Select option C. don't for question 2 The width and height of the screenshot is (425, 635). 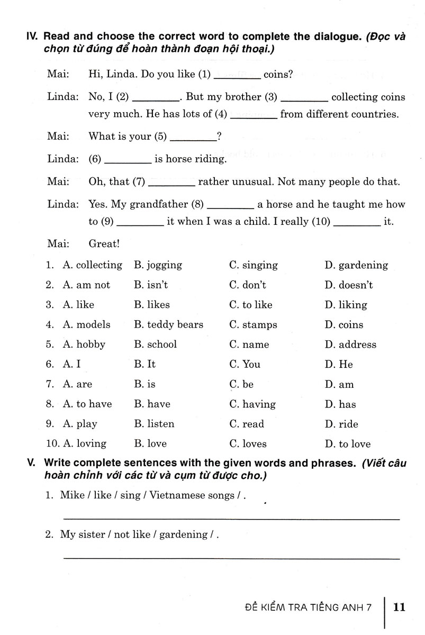click(247, 285)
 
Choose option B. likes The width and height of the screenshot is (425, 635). click(152, 305)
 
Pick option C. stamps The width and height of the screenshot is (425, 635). click(253, 325)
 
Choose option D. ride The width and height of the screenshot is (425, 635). click(341, 424)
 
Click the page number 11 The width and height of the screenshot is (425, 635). click(399, 606)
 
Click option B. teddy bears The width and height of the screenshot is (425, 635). click(168, 325)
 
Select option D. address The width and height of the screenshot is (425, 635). click(350, 344)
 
